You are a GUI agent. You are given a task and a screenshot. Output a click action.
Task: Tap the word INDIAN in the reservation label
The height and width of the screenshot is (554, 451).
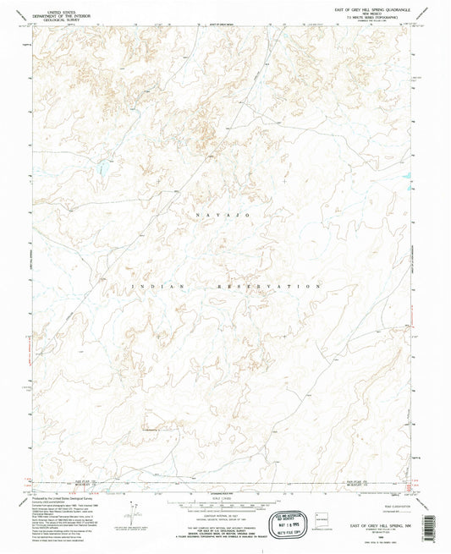click(x=160, y=288)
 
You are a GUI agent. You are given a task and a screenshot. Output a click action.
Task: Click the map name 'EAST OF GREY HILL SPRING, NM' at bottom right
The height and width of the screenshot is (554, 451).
click(x=370, y=524)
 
